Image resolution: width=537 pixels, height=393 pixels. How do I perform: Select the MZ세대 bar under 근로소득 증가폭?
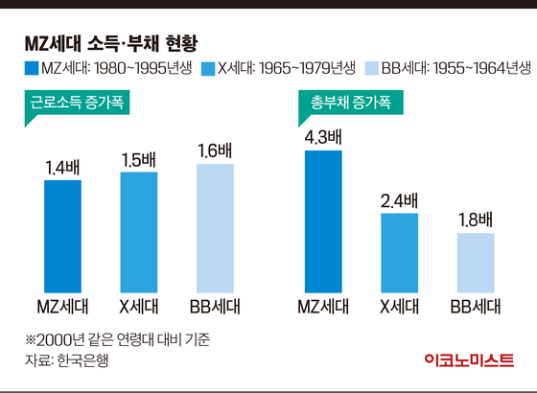[63, 235]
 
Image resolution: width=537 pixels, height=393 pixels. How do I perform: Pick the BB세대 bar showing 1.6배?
[216, 227]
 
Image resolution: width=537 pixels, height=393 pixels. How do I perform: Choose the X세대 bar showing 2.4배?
[399, 251]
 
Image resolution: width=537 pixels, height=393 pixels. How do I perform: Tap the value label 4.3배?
[322, 137]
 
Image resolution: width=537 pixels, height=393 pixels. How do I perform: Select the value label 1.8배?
[474, 220]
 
